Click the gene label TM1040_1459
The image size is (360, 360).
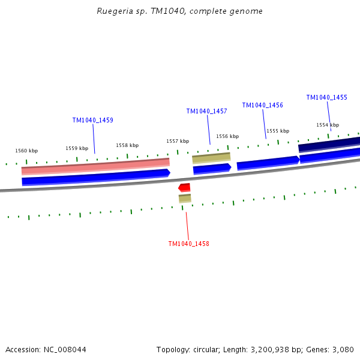92,120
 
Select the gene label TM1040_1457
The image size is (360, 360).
206,111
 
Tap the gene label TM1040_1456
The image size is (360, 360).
262,105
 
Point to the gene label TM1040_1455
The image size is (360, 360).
326,97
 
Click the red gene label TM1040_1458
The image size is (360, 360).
188,244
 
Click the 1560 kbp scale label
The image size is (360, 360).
26,151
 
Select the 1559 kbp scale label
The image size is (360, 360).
77,148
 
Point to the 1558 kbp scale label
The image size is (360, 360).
127,145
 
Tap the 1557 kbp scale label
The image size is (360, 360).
178,141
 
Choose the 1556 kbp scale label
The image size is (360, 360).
227,136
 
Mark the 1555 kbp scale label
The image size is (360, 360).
278,131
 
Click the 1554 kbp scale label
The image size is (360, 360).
328,125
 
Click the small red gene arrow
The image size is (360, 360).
184,188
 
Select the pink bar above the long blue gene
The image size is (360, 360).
95,166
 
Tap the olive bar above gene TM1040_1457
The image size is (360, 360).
211,158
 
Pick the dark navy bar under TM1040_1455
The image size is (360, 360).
329,144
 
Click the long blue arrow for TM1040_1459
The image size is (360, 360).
96,177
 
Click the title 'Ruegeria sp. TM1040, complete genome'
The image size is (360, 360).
179,11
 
